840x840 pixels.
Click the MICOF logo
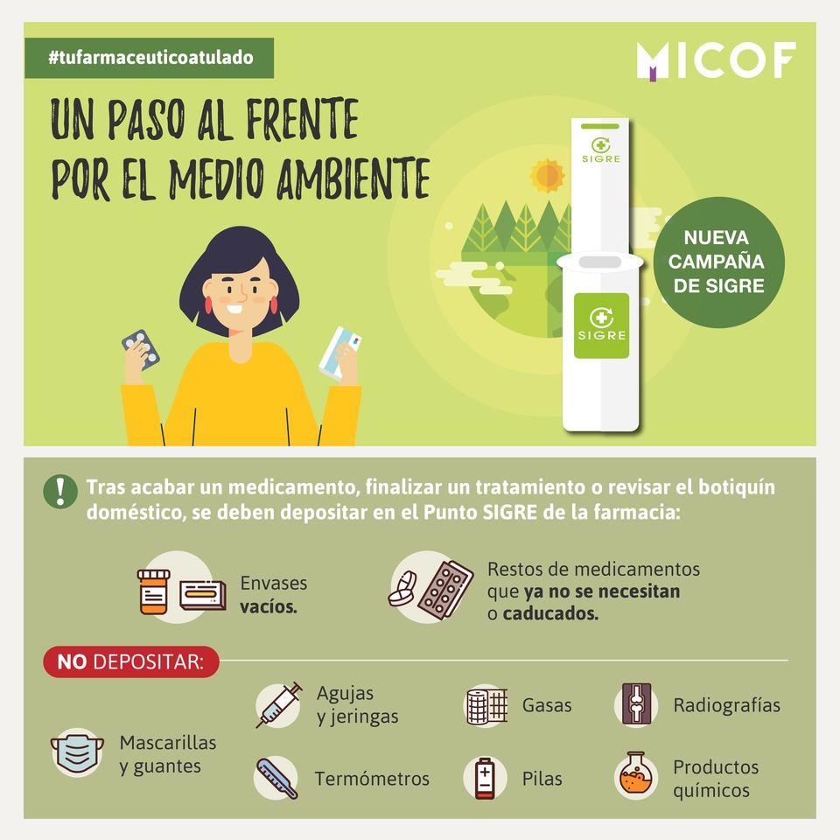[x=716, y=60]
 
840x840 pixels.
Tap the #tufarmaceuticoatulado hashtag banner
[x=150, y=58]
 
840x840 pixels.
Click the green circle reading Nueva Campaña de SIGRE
[x=718, y=262]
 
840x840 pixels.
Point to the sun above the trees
[x=547, y=175]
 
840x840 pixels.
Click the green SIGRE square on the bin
[x=601, y=325]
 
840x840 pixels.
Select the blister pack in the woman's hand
[x=140, y=349]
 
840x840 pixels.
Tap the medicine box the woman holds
[x=340, y=353]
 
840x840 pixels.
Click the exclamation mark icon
[x=60, y=492]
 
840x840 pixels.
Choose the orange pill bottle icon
[x=154, y=591]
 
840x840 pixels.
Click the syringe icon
[x=279, y=704]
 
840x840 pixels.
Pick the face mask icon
[x=78, y=752]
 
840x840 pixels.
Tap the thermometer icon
[x=276, y=778]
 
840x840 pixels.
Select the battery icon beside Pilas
[x=485, y=778]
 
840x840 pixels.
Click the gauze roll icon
[x=486, y=705]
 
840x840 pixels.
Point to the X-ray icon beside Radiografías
[x=636, y=703]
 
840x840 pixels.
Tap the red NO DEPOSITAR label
[x=130, y=661]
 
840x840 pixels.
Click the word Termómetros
[x=372, y=779]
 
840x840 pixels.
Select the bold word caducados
[x=550, y=613]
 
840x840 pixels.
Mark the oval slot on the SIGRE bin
[x=600, y=262]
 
